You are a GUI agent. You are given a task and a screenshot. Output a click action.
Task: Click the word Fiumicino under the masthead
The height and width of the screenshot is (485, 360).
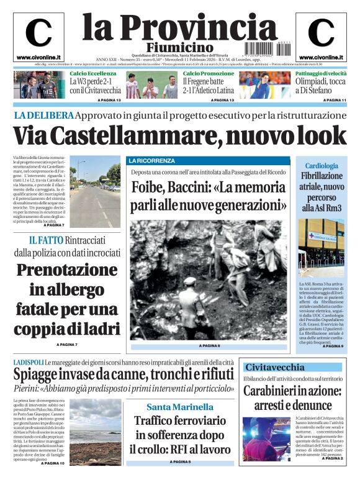pyautogui.click(x=180, y=47)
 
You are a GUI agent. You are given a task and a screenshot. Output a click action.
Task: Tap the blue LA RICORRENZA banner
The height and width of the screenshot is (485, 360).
pyautogui.click(x=152, y=161)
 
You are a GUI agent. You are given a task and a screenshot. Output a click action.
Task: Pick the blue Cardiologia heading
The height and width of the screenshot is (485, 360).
pyautogui.click(x=322, y=166)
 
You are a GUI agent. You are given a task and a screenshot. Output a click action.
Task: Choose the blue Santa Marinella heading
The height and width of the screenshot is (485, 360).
pyautogui.click(x=180, y=407)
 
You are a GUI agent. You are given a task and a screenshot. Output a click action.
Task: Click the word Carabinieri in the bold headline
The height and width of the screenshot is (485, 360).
pyautogui.click(x=273, y=391)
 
